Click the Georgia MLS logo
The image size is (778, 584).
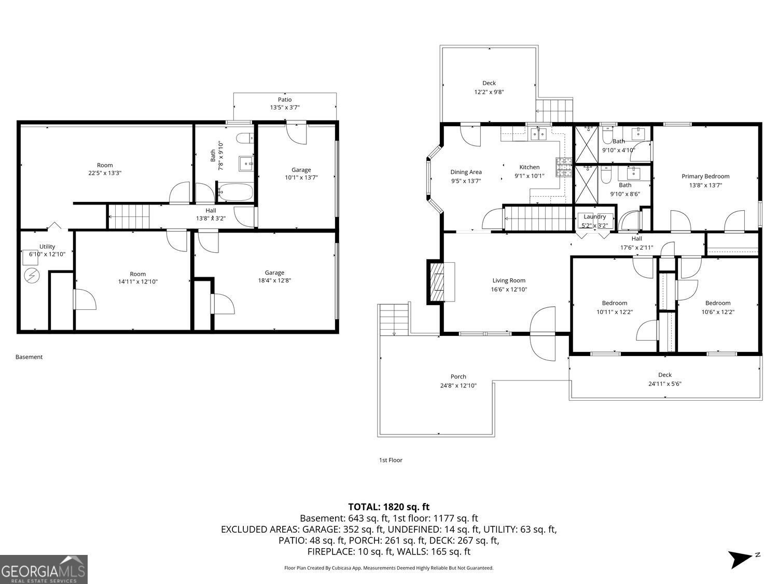[44, 569]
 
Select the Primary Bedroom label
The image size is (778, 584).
[705, 176]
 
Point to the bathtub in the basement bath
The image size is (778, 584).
[235, 193]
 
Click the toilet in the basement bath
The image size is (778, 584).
[244, 139]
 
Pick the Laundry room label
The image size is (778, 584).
[594, 217]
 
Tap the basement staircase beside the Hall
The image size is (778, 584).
[129, 216]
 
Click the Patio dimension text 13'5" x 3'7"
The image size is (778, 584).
[284, 108]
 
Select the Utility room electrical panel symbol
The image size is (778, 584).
[32, 275]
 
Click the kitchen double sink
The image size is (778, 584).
[538, 134]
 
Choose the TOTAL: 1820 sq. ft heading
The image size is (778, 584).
[388, 507]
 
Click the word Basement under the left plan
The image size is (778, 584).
[29, 357]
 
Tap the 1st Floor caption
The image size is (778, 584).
[391, 460]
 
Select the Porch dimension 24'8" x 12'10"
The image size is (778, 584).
[458, 386]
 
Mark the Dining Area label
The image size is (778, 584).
[466, 172]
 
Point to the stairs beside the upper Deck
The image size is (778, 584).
[554, 110]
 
